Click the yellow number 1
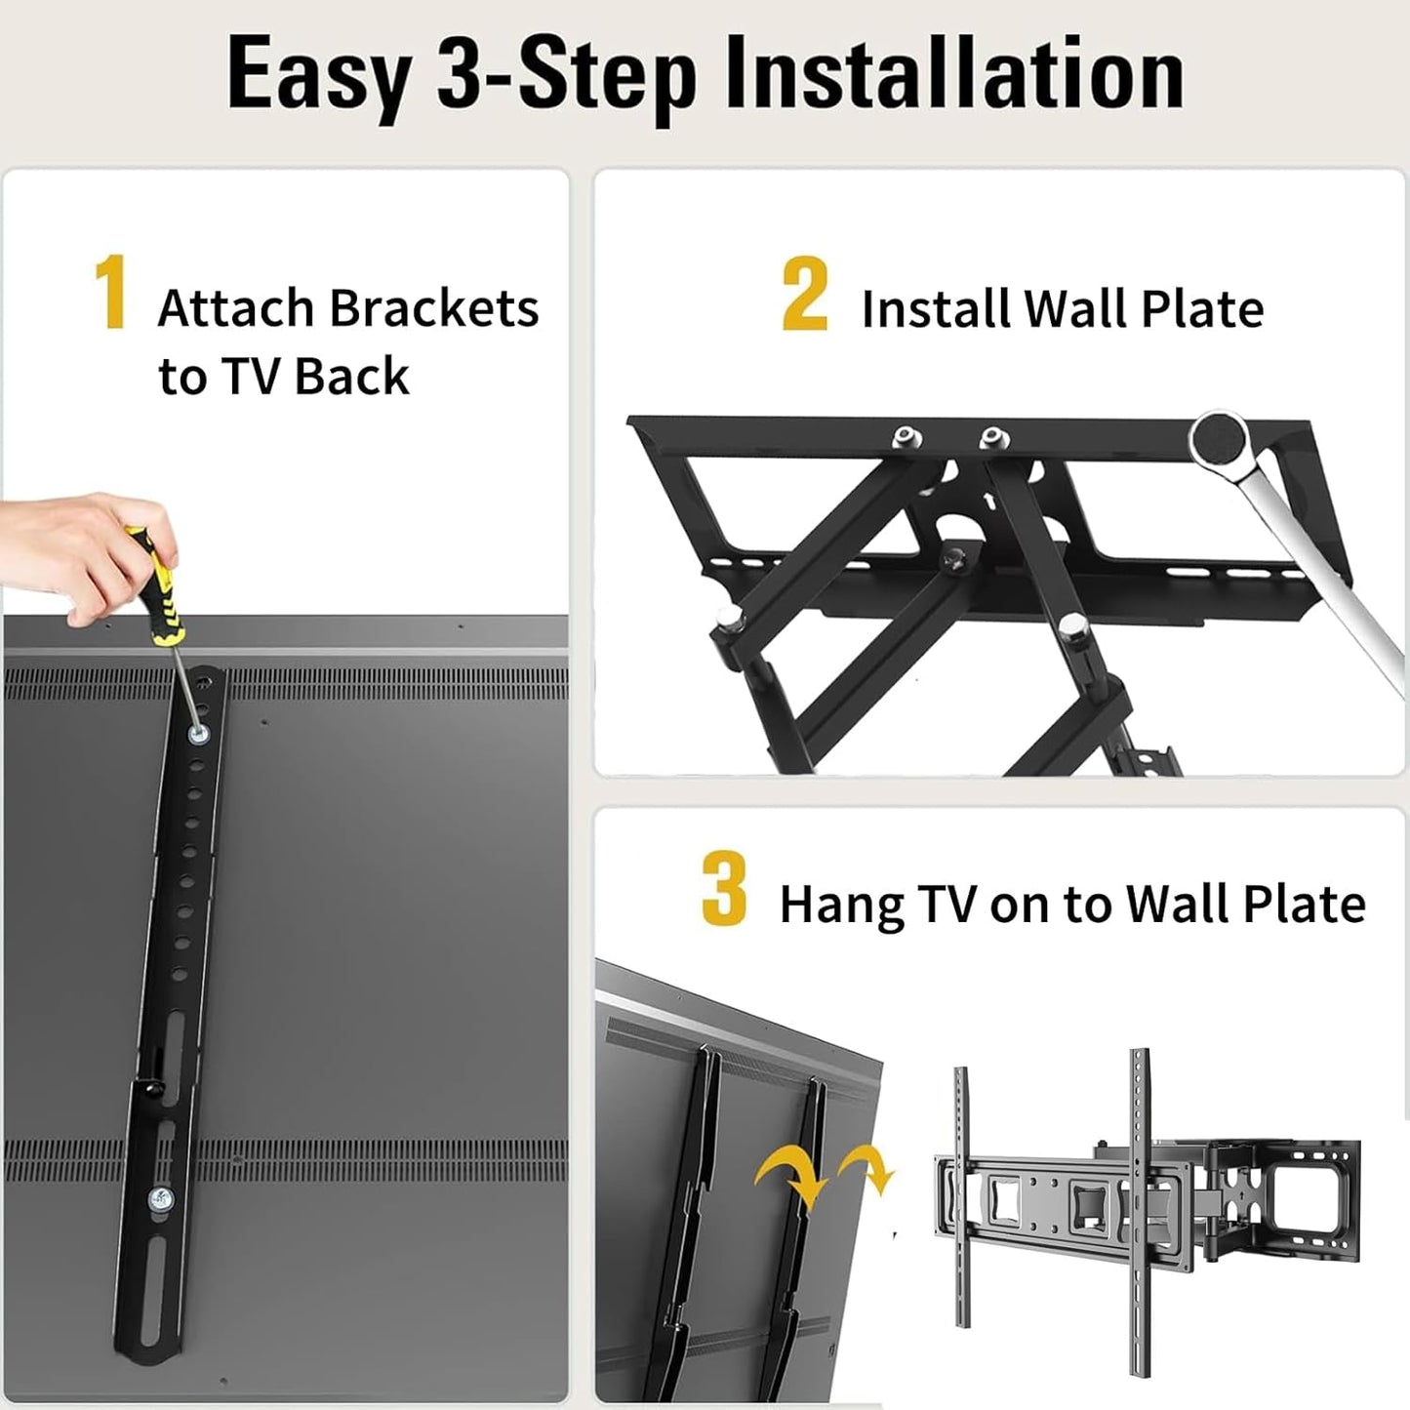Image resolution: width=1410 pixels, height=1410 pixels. pos(110,293)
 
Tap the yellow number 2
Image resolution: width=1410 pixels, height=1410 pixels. pos(805,294)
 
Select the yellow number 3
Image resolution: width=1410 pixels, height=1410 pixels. pos(723,888)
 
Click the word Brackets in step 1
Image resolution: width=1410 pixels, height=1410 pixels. pos(433,308)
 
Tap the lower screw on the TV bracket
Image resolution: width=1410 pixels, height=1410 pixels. pos(159,1199)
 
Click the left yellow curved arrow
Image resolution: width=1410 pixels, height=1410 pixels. pos(789,1176)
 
